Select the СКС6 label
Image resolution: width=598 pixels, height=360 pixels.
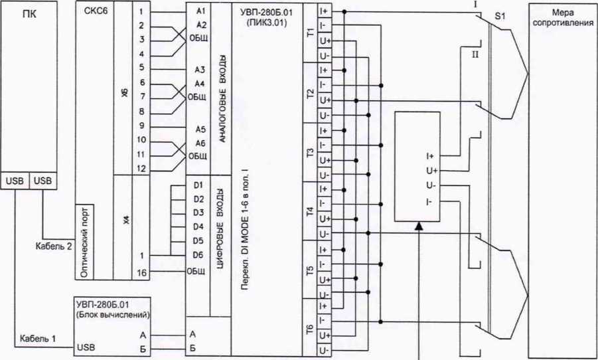(96, 12)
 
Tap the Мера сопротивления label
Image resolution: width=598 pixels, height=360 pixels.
(561, 18)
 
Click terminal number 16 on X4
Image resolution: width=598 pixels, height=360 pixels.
(142, 272)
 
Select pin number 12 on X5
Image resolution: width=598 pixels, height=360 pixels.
(142, 169)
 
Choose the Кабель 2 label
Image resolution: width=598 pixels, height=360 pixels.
(54, 246)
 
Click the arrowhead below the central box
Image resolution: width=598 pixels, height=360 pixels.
(419, 227)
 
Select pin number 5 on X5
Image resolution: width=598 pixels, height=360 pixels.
(142, 67)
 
